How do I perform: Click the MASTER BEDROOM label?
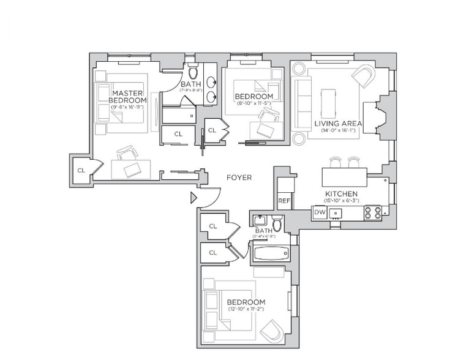pos(129,96)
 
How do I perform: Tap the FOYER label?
pos(239,178)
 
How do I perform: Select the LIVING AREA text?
pos(339,124)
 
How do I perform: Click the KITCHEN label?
pos(342,194)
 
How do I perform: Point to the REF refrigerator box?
pos(284,200)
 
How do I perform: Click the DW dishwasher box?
pos(319,212)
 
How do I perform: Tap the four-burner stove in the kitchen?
pos(373,212)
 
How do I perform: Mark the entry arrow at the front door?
pos(194,197)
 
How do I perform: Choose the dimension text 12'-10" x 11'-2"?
pos(246,309)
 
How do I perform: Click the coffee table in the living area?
pos(329,105)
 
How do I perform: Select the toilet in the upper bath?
pos(192,73)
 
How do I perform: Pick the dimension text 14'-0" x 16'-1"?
pos(338,130)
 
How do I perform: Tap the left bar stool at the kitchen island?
pos(335,162)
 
